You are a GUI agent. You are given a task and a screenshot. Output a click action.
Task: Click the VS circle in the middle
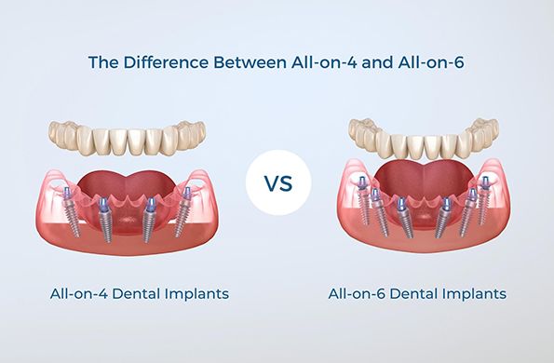point(276,182)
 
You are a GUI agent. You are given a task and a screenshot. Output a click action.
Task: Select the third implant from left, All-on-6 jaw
point(400,218)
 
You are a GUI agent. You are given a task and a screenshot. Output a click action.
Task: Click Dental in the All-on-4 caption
point(137,294)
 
